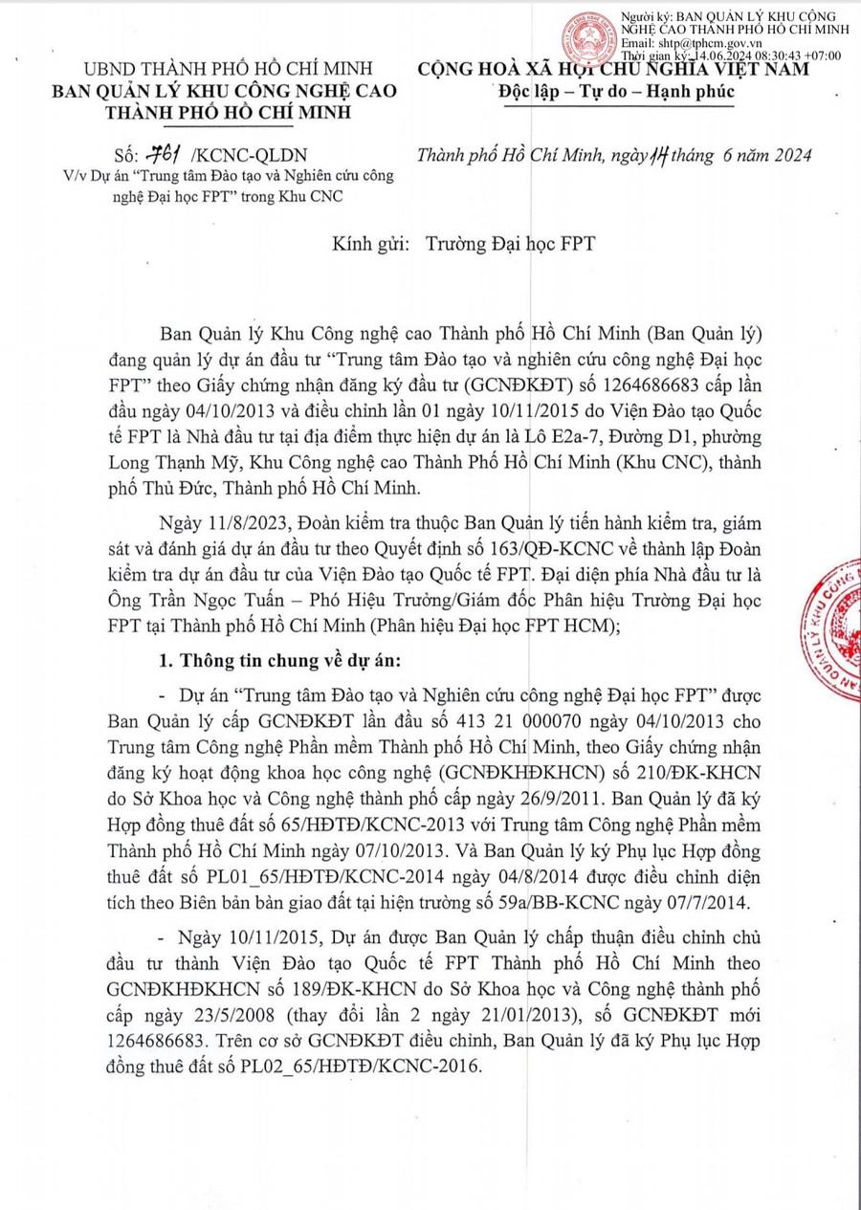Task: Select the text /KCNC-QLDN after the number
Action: [250, 156]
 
